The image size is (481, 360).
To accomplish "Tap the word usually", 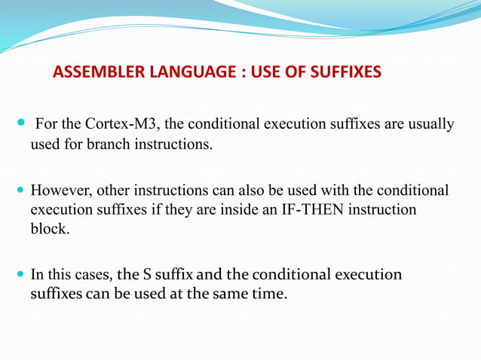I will (430, 124).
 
